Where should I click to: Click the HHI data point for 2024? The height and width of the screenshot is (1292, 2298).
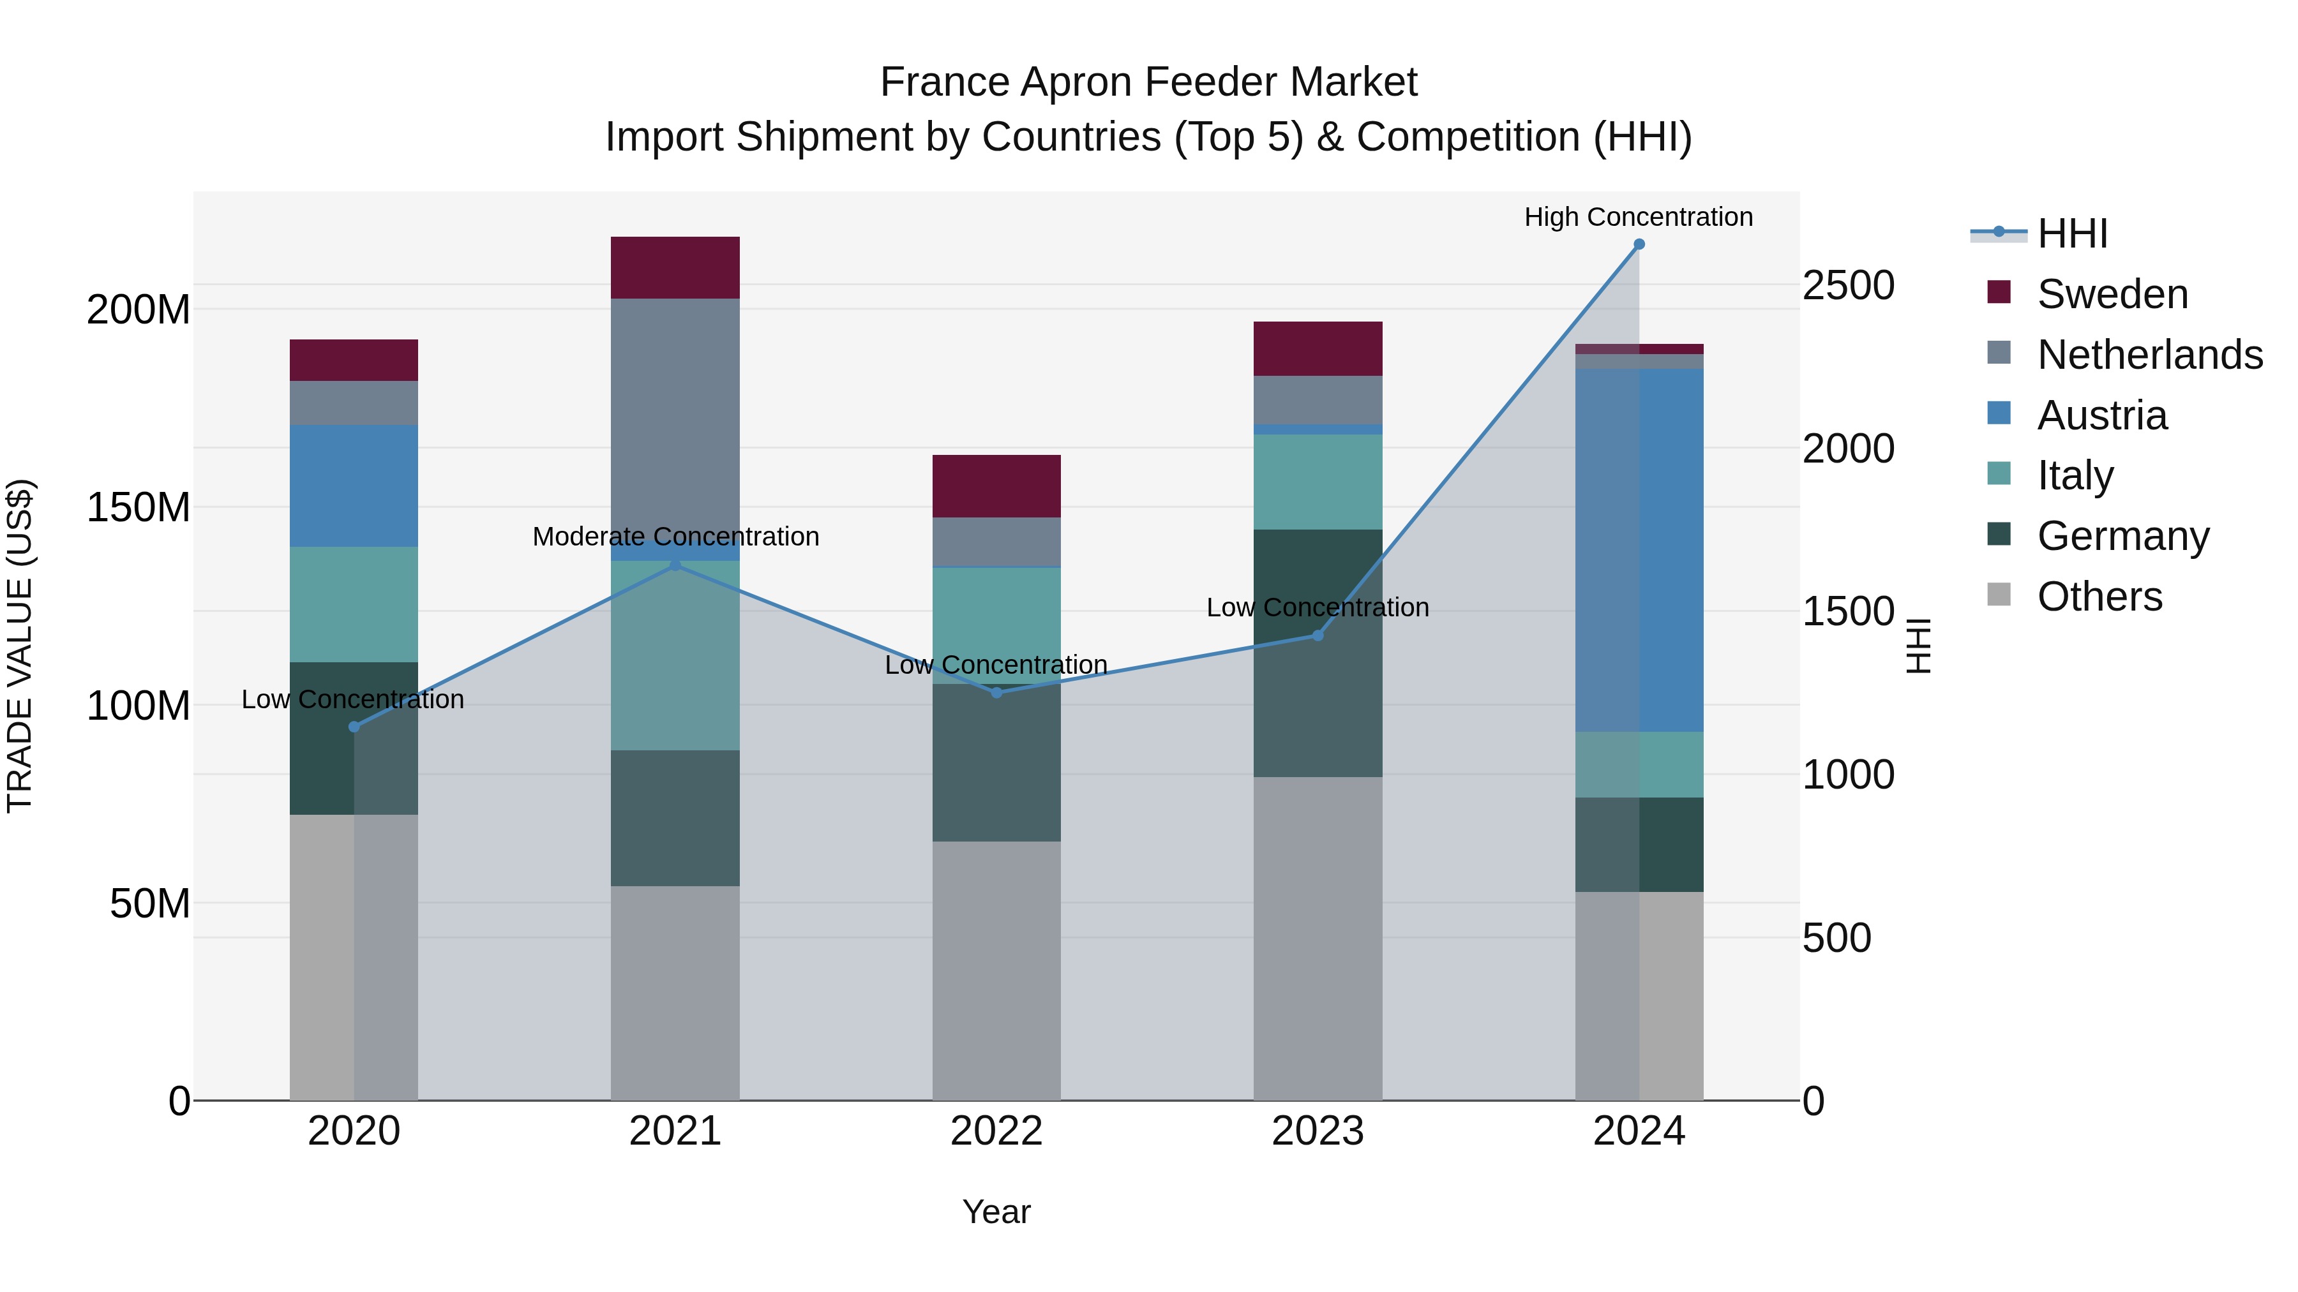tap(1639, 244)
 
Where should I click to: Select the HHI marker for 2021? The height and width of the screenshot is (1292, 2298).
tap(675, 565)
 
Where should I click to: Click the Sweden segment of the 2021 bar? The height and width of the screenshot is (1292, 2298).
tap(675, 267)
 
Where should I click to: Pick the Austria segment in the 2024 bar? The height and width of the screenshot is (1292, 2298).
tap(1639, 549)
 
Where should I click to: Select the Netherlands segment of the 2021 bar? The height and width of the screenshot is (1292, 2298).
tap(675, 419)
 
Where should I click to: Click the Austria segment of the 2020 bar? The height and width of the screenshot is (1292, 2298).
tap(354, 486)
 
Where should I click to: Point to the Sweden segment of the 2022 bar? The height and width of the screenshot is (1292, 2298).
tap(996, 486)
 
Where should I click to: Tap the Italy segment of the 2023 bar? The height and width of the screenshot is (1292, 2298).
tap(1318, 482)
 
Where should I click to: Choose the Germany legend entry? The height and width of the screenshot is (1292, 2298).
tap(2123, 536)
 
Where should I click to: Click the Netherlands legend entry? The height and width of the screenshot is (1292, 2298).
tap(2150, 355)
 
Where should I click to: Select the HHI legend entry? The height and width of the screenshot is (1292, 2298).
tap(2072, 234)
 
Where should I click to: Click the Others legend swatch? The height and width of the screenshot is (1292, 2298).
tap(1999, 595)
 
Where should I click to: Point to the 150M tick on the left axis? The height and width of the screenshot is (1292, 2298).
tap(139, 507)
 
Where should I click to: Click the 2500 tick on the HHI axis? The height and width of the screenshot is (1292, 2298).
tap(1847, 285)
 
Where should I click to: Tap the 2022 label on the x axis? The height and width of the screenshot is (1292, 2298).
tap(996, 1131)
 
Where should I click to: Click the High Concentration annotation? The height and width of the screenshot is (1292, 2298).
tap(1639, 217)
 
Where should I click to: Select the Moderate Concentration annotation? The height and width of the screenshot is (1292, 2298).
tap(675, 537)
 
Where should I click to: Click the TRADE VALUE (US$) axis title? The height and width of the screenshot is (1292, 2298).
tap(20, 646)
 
